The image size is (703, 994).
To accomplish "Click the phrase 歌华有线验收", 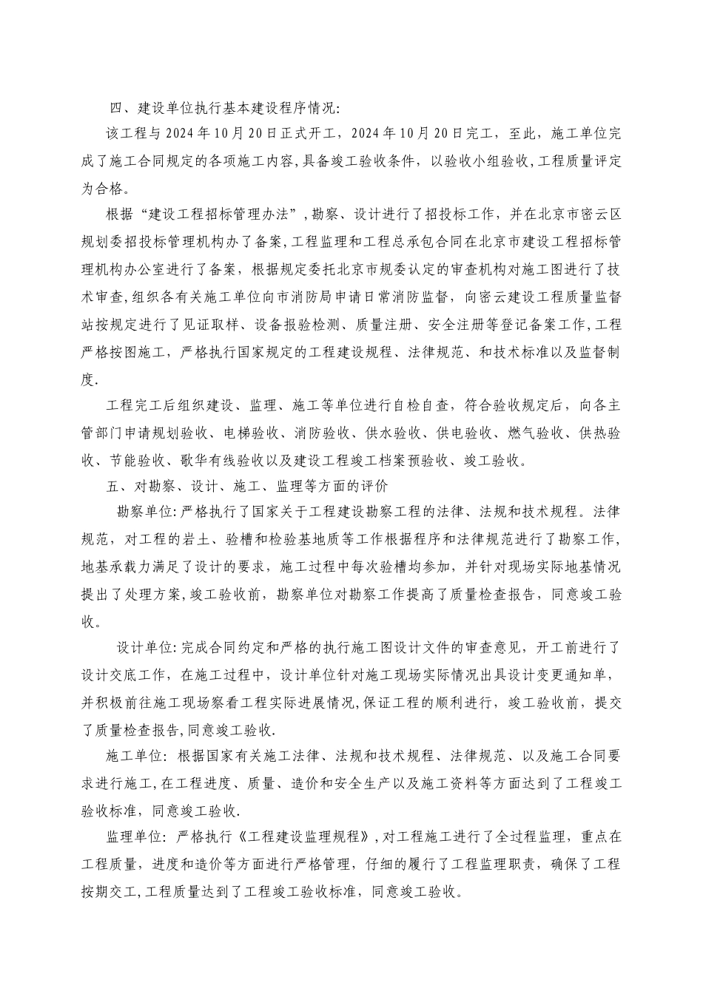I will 223,460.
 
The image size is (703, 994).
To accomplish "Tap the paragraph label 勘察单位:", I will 146,513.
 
